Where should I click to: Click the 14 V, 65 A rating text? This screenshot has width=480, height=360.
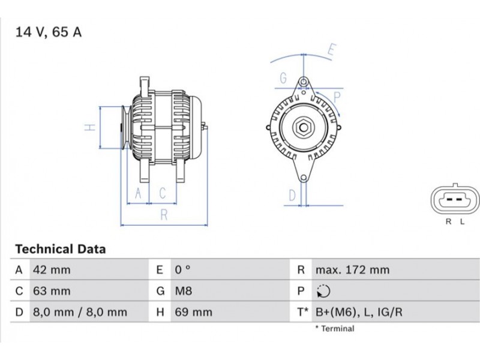click(x=49, y=32)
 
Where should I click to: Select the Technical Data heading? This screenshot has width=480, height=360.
click(x=61, y=249)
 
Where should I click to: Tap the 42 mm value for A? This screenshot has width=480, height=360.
click(x=52, y=270)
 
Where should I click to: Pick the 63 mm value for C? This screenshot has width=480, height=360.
click(x=52, y=291)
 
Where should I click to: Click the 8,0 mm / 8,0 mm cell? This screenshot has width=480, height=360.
click(x=80, y=312)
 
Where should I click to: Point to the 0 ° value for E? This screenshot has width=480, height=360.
click(x=183, y=269)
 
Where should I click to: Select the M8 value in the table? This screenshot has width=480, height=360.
click(x=184, y=291)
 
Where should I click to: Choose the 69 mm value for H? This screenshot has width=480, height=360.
click(x=193, y=312)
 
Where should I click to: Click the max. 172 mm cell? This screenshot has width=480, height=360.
click(x=353, y=270)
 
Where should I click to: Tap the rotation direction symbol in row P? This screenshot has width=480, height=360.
click(x=323, y=291)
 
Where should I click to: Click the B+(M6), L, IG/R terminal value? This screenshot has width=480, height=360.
click(x=359, y=312)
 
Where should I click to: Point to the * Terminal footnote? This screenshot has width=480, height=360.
click(x=335, y=329)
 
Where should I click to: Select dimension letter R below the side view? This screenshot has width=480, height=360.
click(x=164, y=215)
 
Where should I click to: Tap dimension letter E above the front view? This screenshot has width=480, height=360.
click(x=332, y=49)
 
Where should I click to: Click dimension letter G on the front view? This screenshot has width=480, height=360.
click(x=283, y=78)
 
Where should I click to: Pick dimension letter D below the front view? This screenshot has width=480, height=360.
click(x=293, y=195)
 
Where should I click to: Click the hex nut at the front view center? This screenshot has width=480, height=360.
click(x=303, y=127)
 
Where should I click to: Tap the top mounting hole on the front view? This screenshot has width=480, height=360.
click(x=304, y=82)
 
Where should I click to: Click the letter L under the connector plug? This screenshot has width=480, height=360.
click(x=463, y=221)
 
